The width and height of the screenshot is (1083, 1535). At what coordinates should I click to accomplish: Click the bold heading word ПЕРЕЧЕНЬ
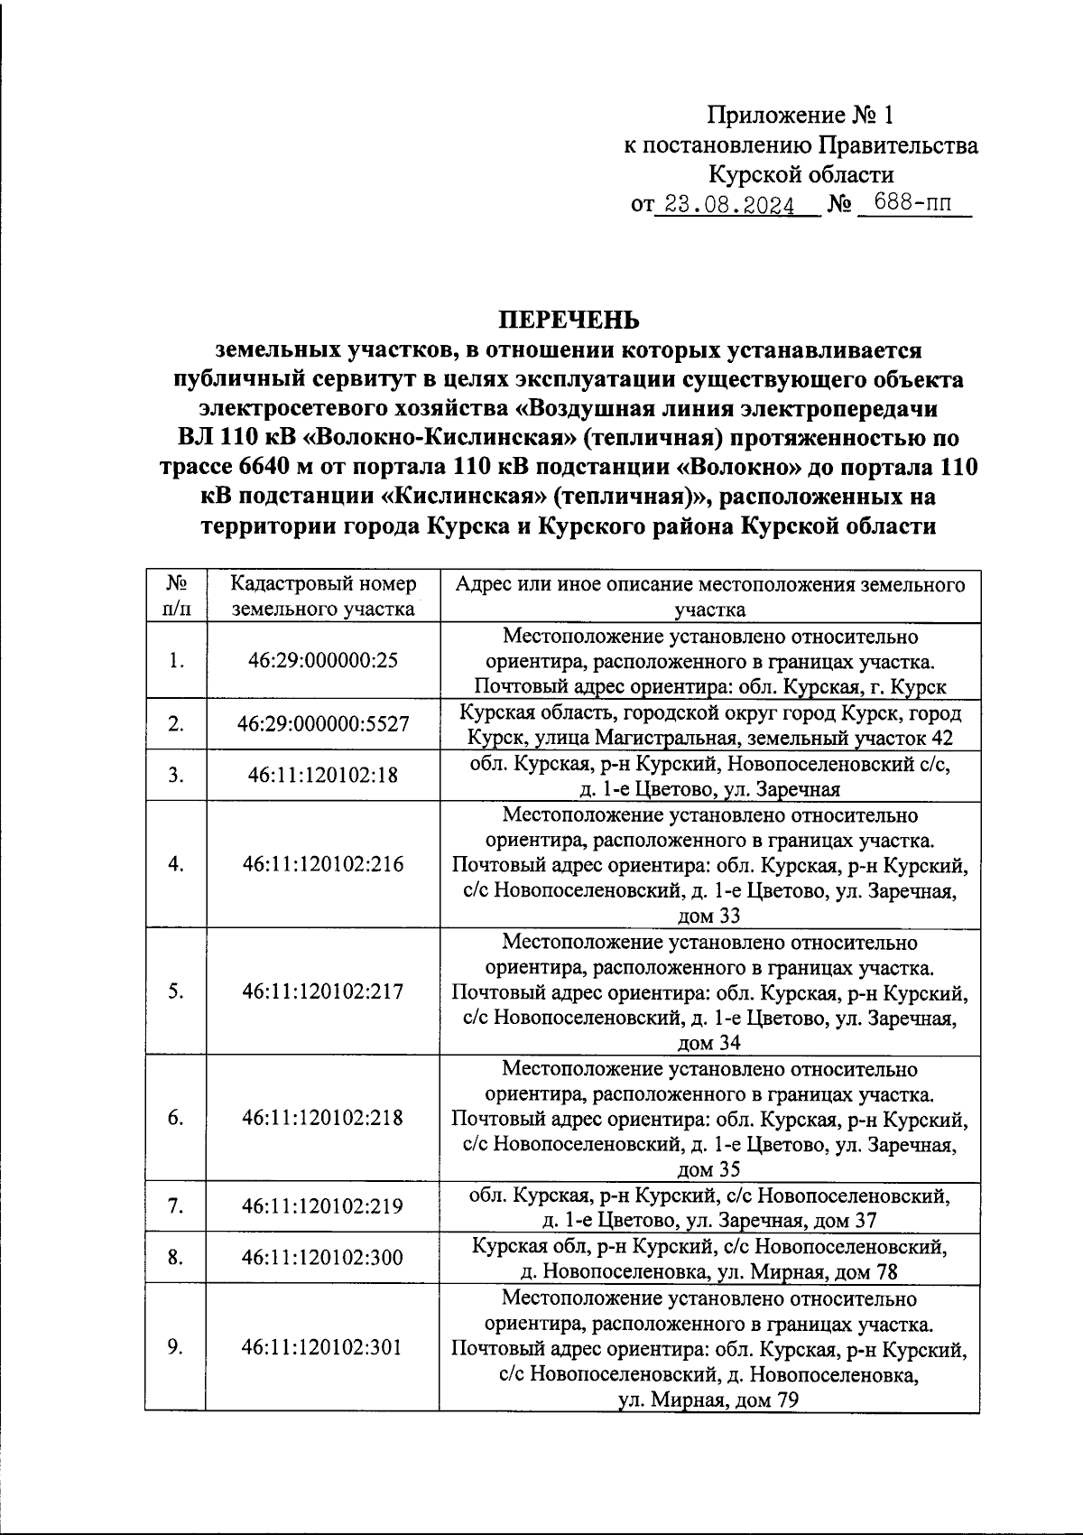[x=569, y=320]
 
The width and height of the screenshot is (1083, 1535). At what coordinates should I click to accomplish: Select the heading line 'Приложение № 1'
[x=800, y=116]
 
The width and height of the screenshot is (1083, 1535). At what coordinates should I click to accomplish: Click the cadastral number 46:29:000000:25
[x=322, y=660]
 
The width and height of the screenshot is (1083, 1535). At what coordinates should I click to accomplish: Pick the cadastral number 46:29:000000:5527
[x=322, y=724]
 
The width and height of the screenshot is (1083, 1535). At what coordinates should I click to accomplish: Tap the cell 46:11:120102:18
[x=322, y=775]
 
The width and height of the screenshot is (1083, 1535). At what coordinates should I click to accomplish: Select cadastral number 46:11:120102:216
[x=322, y=864]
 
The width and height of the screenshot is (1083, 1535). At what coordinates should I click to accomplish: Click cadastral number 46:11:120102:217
[x=322, y=991]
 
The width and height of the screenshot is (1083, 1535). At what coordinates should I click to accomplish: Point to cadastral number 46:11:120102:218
[x=322, y=1118]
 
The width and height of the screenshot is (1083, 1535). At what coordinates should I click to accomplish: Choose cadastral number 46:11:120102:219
[x=322, y=1206]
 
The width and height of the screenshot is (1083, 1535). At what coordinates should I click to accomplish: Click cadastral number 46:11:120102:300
[x=322, y=1257]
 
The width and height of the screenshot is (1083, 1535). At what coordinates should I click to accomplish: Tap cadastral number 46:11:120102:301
[x=322, y=1347]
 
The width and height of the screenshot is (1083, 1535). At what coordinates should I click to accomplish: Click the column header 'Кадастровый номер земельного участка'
[x=322, y=596]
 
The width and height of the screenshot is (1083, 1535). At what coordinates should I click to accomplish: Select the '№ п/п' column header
[x=176, y=596]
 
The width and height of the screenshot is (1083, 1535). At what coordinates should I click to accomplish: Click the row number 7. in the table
[x=176, y=1206]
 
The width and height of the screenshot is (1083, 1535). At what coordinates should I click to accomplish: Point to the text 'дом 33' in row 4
[x=708, y=916]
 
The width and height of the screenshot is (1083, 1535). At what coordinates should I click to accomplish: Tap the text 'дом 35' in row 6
[x=708, y=1170]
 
